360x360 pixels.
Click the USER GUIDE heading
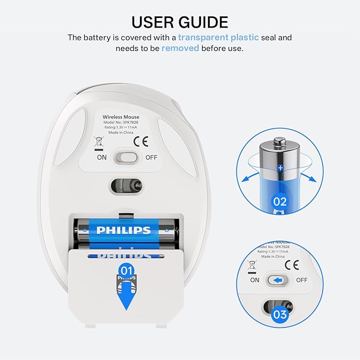coord(180,22)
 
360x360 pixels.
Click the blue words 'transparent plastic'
coord(218,38)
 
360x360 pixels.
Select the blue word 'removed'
coord(180,48)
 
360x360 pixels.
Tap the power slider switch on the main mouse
coord(127,157)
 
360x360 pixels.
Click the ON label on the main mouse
coord(102,157)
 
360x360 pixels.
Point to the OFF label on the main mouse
coord(151,157)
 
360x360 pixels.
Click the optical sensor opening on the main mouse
coord(127,185)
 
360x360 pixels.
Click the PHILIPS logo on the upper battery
coord(123,230)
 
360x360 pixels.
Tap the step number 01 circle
coord(126,270)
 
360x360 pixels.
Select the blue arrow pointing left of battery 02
coord(250,177)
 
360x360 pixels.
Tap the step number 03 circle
coord(279,315)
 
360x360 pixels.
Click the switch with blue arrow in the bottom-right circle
coord(277,280)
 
